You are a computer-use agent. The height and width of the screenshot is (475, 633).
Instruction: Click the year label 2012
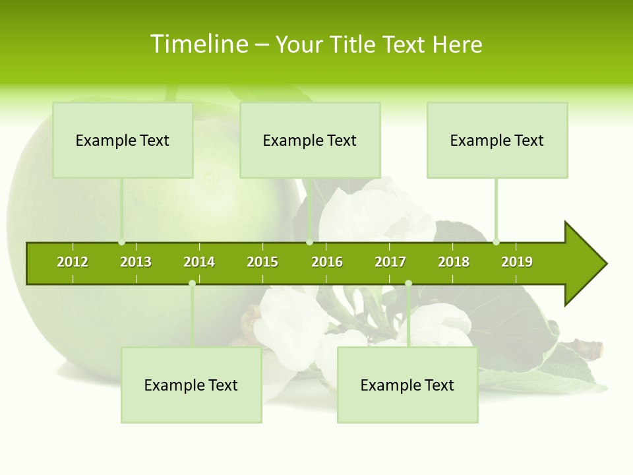coord(73,262)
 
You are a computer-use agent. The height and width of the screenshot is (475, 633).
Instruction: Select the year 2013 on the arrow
coord(136,262)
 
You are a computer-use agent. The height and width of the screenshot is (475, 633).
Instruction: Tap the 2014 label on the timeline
coord(199,262)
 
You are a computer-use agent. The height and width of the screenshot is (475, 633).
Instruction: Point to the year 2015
coord(262,262)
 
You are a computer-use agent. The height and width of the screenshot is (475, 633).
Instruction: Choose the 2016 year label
coord(327,262)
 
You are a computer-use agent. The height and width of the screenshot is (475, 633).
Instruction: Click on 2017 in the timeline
coord(390,262)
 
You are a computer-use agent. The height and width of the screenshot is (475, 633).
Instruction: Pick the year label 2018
coord(454,262)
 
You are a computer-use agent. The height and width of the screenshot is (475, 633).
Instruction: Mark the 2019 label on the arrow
coord(517,262)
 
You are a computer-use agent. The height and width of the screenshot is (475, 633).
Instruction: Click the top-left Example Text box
coord(123,140)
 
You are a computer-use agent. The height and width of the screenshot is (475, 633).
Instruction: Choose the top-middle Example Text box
coord(310,140)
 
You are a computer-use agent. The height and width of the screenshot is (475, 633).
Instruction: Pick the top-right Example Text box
coord(497,140)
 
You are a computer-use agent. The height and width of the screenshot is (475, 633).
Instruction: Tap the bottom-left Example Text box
coord(191,385)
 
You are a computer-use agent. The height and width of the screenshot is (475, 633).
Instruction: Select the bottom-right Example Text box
coord(407,385)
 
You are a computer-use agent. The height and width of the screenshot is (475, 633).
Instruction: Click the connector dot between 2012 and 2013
coord(122,242)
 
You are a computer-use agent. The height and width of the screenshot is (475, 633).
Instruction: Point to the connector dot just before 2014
coord(192,284)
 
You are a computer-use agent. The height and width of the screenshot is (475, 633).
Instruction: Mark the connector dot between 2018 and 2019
coord(496,242)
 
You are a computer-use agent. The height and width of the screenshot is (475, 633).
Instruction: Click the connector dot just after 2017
coord(408,284)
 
